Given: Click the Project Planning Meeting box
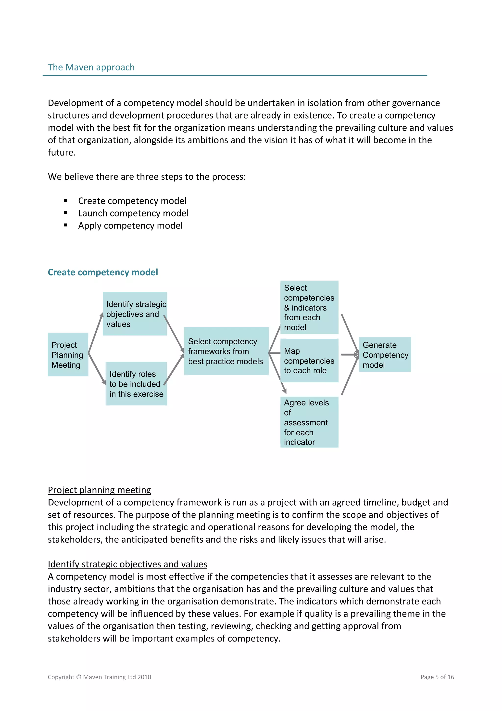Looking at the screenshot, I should coord(68,355).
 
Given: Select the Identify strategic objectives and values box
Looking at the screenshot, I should coord(135,314).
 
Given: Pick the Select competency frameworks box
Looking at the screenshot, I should coord(226,351).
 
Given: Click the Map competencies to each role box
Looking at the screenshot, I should coord(309,361).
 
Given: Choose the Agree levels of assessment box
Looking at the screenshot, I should coord(309,422).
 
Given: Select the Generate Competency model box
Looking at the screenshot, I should coord(385,355).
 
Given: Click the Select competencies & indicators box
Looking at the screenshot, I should coord(309,307).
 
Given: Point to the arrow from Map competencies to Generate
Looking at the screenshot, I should coord(350,355).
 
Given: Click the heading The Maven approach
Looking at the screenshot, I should coord(91,67).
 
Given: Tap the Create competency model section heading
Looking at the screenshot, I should coord(103,272).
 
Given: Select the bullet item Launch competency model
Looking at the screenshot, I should coord(133,213).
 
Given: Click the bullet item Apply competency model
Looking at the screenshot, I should coord(130,226).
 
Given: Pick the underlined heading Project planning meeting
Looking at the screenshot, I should coord(99,490).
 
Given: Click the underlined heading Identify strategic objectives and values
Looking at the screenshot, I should coord(127,564).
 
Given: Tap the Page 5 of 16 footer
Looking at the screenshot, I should coord(437,677).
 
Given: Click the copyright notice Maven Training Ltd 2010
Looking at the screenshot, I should coord(99,677).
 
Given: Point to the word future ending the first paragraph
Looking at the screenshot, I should coord(61,152).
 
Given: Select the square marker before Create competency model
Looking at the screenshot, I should coord(65,201).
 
